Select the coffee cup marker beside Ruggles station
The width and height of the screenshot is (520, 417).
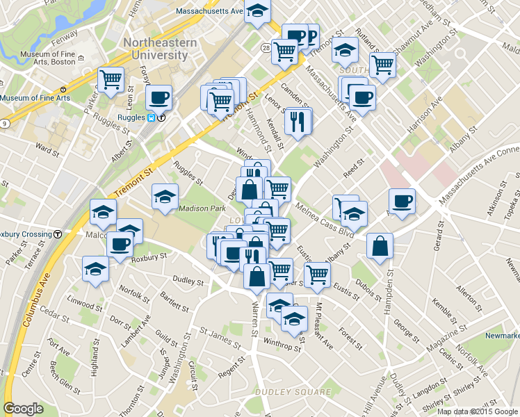coord(159,98)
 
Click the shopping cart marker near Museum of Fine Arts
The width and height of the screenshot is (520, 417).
coord(111,80)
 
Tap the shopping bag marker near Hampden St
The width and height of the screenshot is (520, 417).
coord(380,246)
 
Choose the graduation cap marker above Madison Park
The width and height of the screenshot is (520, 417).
coord(165,197)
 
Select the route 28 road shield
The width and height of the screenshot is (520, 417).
coord(266,47)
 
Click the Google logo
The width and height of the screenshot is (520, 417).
coord(23,409)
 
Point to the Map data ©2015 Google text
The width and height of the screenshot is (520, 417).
coord(478,411)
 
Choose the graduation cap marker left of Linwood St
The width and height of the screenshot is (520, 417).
coord(95,270)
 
